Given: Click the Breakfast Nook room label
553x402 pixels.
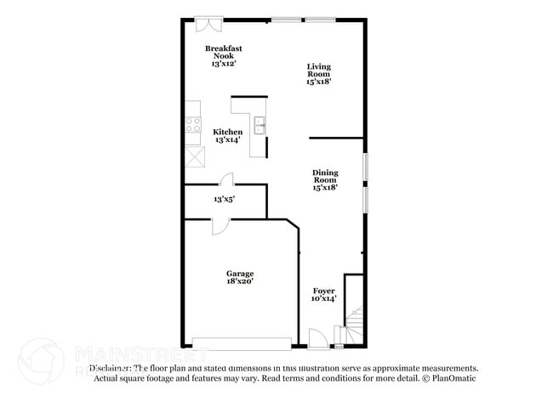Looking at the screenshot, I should click(223, 52).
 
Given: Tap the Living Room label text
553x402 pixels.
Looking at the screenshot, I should click(319, 70).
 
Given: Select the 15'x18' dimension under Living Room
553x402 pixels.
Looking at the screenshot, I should click(319, 82).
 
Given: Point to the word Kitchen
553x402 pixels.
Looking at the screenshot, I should click(227, 132).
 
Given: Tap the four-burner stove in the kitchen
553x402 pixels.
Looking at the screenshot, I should click(193, 125).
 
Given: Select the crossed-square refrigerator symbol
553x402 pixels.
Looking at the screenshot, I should click(194, 158).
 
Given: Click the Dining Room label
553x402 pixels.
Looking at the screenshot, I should click(325, 176).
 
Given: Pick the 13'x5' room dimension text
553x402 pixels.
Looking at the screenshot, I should click(224, 199).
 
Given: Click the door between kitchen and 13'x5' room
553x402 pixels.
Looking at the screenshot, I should click(226, 179).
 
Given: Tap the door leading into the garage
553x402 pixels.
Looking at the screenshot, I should click(219, 225).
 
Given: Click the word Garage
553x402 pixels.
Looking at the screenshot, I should click(240, 274).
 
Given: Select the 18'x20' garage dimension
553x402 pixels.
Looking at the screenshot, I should click(240, 281).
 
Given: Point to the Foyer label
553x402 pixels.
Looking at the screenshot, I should click(324, 291).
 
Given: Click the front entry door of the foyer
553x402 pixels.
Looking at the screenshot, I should click(316, 342).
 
